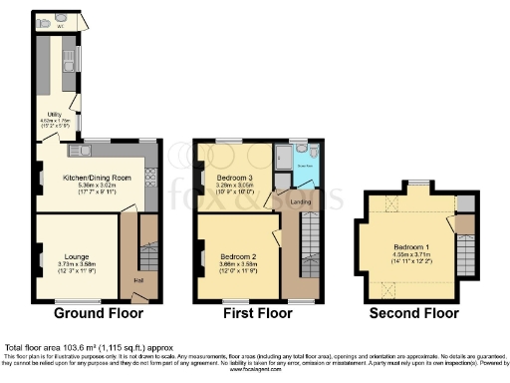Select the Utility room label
click(x=42, y=115)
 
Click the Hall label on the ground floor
click(x=137, y=278)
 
